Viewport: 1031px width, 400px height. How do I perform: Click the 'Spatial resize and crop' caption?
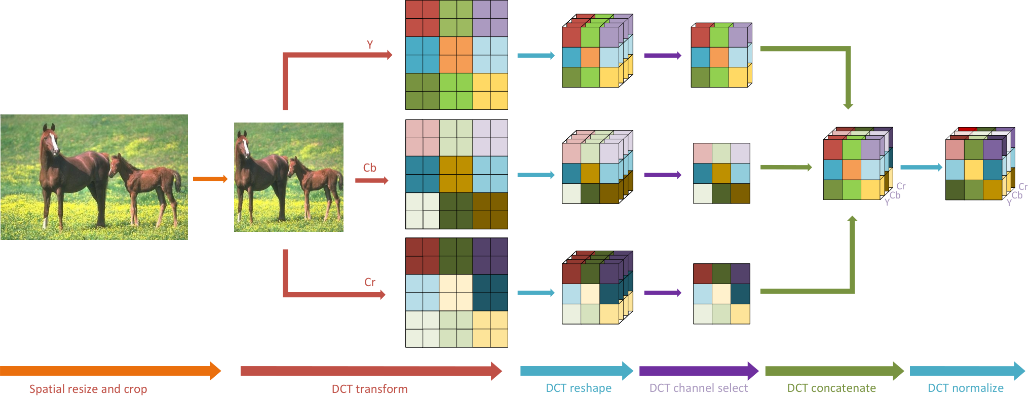click(x=88, y=389)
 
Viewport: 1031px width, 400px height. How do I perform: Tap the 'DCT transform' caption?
click(x=369, y=389)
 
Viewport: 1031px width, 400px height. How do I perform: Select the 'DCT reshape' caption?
click(x=579, y=388)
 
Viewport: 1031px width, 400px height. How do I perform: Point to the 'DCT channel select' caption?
click(x=699, y=388)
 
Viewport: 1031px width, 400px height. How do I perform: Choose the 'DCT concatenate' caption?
click(x=831, y=388)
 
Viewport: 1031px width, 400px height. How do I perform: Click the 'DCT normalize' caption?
click(x=966, y=388)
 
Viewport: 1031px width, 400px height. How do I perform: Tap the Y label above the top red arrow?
click(x=370, y=45)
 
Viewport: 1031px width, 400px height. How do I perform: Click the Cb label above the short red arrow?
click(x=370, y=168)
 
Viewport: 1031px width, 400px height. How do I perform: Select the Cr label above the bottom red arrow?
click(x=370, y=282)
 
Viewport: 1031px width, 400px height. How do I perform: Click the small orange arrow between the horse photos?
click(x=210, y=179)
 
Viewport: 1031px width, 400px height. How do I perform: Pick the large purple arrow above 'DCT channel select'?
click(x=699, y=371)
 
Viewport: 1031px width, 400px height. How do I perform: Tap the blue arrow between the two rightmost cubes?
click(x=921, y=167)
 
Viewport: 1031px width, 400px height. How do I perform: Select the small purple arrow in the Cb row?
click(x=663, y=175)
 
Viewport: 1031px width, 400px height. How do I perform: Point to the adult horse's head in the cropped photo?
click(x=244, y=144)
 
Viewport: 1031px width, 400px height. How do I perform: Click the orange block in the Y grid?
click(x=456, y=55)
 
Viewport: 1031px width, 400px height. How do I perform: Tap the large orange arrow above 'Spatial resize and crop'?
click(x=110, y=371)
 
